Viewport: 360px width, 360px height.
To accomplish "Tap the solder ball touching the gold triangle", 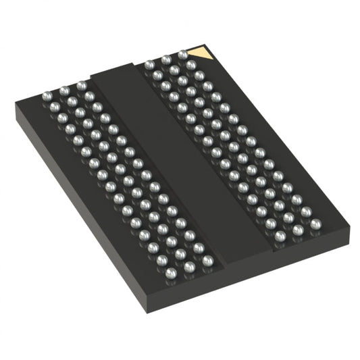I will (x=183, y=55).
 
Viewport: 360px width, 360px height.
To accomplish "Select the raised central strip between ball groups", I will (x=182, y=155).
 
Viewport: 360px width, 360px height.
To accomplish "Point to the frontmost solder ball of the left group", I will (x=172, y=273).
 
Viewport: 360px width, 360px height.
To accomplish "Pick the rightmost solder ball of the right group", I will (x=315, y=223).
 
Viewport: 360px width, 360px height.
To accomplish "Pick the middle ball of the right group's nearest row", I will (x=297, y=230).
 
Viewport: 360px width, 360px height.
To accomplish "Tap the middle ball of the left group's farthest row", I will (x=64, y=89).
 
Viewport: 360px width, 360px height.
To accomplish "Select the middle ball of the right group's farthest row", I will (x=166, y=59).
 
